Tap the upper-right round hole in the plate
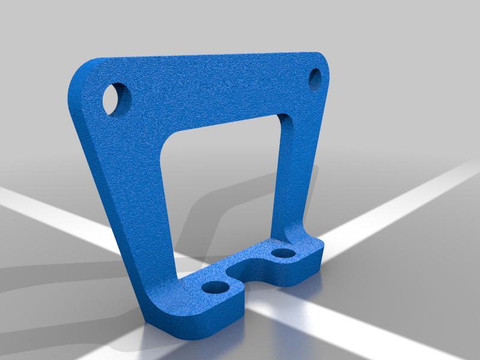pos(316,77)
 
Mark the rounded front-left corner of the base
pos(153,318)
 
